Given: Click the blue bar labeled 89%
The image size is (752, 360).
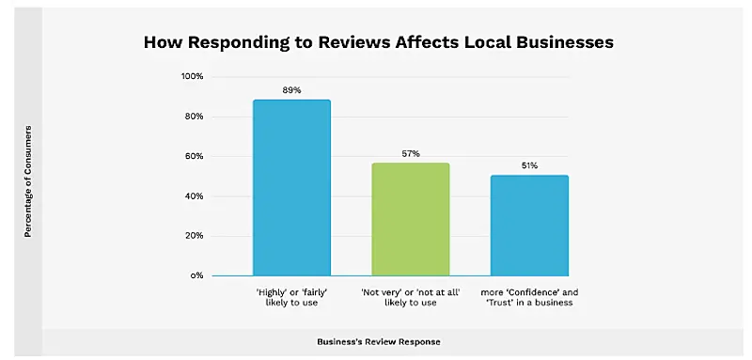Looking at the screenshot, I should click(x=291, y=188).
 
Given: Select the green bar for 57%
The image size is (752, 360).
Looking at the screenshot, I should click(x=411, y=220).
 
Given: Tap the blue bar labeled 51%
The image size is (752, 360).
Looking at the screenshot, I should click(x=529, y=226).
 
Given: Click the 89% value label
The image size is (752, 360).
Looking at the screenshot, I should click(x=291, y=90).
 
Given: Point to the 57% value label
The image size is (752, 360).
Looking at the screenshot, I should click(x=411, y=153).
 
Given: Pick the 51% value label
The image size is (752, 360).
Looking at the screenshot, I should click(x=529, y=165).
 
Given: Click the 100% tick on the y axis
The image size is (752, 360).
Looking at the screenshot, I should click(x=192, y=76).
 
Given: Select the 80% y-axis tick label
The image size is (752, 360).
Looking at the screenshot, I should click(x=194, y=117).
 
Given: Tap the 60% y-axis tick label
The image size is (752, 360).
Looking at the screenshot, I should click(x=194, y=156).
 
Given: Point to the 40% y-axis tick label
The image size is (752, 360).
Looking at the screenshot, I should click(x=194, y=196).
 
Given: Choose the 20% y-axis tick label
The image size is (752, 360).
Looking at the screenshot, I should click(x=194, y=236).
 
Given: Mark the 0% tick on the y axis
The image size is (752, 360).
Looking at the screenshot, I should click(x=196, y=276).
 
